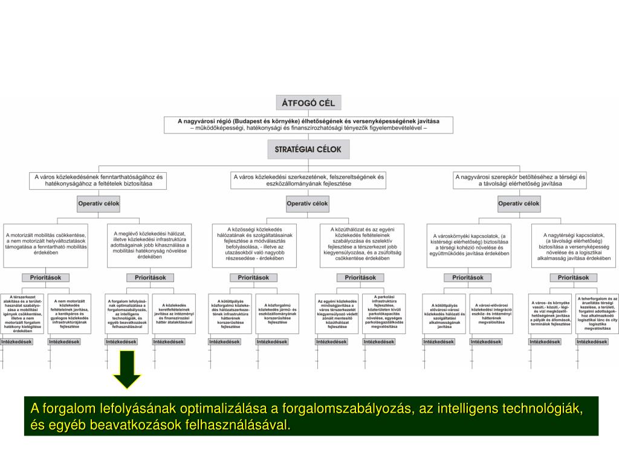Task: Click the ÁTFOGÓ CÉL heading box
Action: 309,103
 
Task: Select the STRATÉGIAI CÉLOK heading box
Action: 309,149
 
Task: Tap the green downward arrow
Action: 127,370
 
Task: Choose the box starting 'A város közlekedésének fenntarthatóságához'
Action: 98,181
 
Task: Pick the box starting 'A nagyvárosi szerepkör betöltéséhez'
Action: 520,181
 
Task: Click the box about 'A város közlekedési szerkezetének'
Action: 308,181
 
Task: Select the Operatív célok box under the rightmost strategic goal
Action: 519,204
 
